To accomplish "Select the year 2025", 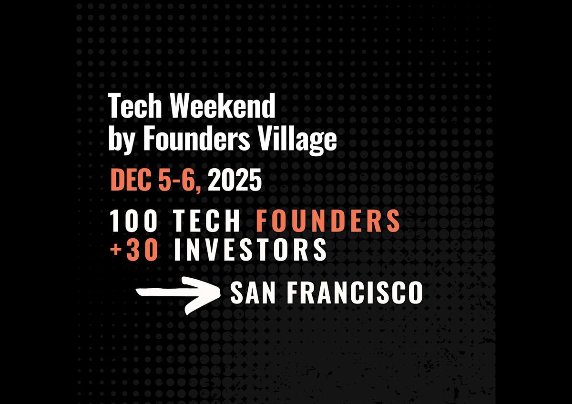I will click(x=235, y=180).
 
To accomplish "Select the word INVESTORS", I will click(x=250, y=250).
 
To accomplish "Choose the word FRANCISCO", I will click(x=355, y=293).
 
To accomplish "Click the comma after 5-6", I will click(x=199, y=188).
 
